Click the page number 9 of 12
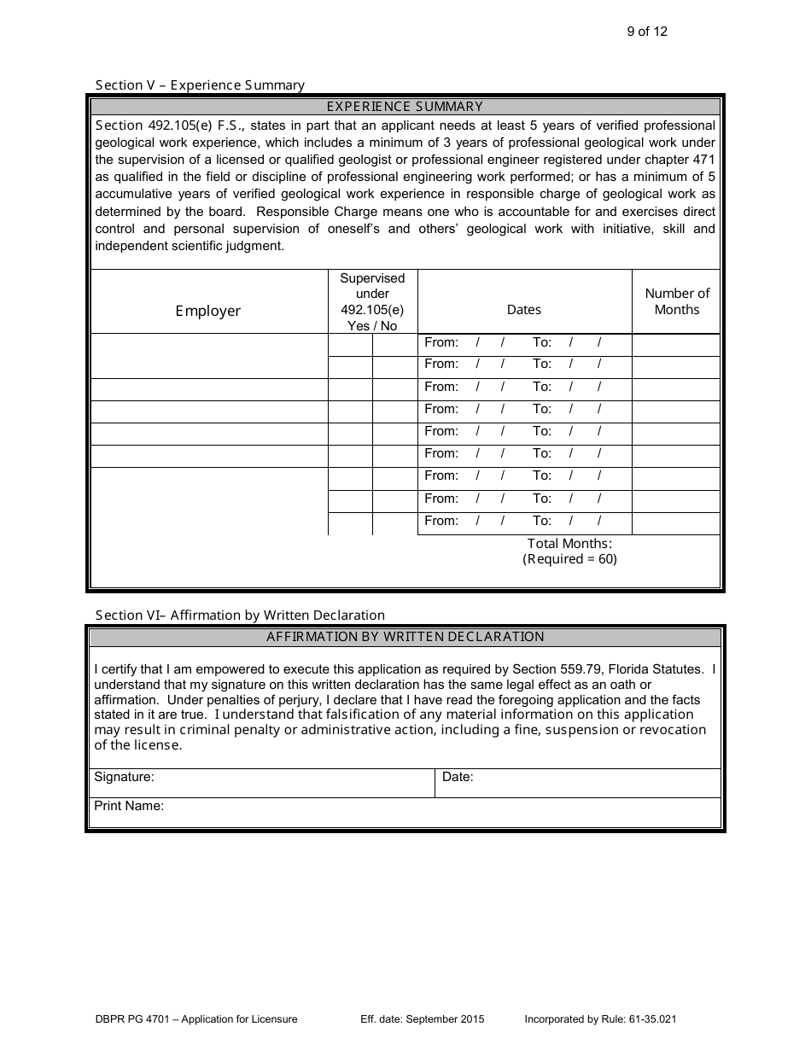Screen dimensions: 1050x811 point(647,32)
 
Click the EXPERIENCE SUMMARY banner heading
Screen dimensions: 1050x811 point(405,107)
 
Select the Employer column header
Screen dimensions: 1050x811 point(208,311)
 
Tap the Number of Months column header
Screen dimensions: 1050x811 point(676,301)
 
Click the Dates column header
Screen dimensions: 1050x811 point(524,310)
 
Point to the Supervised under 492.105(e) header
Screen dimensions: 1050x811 point(372,302)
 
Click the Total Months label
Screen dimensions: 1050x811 point(569,543)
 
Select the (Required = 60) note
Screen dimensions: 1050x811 point(569,559)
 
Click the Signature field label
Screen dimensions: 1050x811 point(124,777)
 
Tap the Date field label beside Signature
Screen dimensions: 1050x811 point(458,777)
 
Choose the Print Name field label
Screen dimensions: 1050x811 point(129,806)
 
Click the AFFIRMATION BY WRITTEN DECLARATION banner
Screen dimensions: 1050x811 point(405,637)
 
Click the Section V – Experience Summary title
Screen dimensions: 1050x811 point(200,85)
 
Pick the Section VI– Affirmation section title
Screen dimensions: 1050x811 point(240,615)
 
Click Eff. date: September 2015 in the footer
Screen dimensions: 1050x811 point(423,1019)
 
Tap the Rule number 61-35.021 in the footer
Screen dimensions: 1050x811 point(651,1019)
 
